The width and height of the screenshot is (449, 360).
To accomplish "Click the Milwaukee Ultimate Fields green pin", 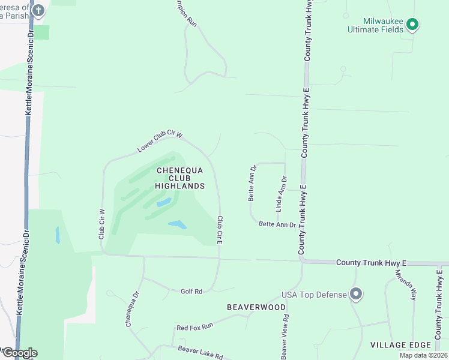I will [412, 25].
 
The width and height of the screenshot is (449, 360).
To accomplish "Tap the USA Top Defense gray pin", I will [356, 294].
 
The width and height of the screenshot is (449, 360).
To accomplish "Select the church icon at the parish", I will [38, 10].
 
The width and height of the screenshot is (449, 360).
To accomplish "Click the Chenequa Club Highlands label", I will [180, 178].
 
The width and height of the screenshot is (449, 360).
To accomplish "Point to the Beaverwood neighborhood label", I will [256, 307].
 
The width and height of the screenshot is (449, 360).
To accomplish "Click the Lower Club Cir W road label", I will [159, 142].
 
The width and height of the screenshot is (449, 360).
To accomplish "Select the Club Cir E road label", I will [220, 230].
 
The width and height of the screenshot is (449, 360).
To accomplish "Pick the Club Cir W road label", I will [102, 224].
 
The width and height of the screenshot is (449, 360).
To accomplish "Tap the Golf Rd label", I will [191, 291].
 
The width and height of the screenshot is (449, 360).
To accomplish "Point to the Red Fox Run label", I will [194, 327].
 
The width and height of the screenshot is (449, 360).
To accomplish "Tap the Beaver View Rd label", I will [286, 337].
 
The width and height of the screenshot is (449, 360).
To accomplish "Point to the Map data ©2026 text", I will [424, 356].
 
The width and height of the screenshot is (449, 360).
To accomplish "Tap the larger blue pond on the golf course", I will [177, 225].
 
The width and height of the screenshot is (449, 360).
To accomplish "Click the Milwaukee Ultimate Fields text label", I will [376, 24].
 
